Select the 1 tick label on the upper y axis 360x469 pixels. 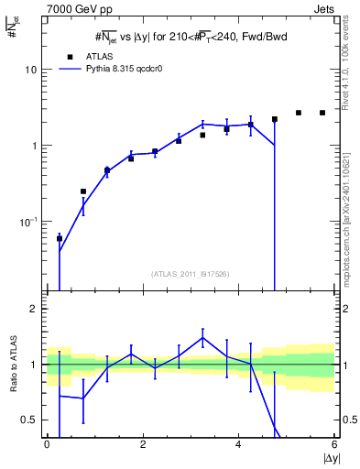[x=34, y=146]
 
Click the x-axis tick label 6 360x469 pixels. [x=334, y=444]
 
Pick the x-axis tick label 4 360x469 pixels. [x=238, y=444]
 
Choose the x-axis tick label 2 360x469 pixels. [x=143, y=444]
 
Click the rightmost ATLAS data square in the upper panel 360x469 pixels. [x=322, y=113]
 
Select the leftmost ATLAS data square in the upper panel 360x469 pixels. [x=60, y=238]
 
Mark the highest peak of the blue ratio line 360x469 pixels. [x=202, y=337]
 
